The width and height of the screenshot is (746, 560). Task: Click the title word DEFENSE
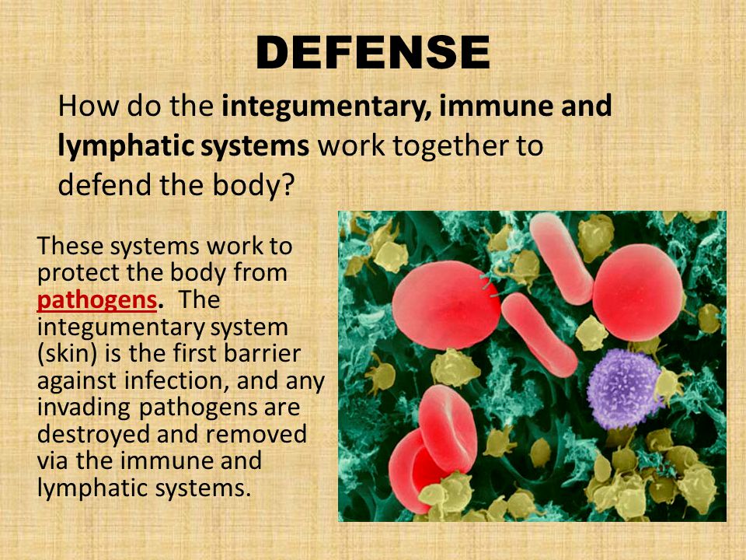[x=373, y=53]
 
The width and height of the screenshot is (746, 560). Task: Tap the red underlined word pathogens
[x=97, y=300]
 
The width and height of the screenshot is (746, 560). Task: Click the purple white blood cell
[x=623, y=389]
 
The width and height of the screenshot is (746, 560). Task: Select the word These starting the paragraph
[x=70, y=247]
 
